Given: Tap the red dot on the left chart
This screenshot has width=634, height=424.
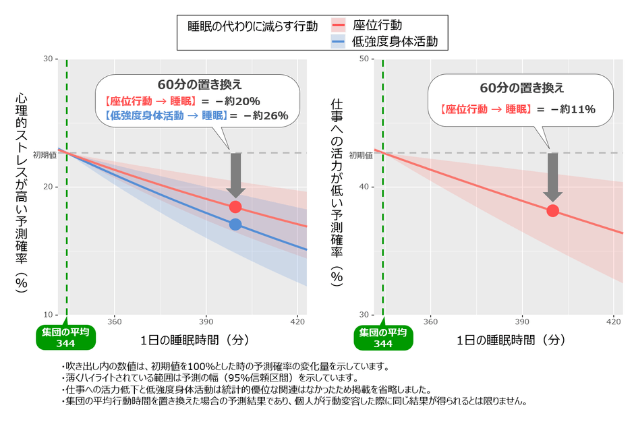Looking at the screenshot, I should tap(235, 207).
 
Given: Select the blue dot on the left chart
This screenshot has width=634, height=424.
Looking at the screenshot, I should tap(235, 224).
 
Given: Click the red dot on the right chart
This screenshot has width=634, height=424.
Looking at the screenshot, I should tap(552, 210).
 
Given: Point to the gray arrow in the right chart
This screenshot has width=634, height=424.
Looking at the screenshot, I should tap(552, 177).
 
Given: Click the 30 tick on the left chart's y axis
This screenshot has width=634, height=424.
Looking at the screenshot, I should tap(48, 59).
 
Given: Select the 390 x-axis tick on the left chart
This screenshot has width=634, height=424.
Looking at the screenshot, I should tap(206, 322).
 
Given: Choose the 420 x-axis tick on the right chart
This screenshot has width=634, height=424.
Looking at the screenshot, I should tap(614, 322).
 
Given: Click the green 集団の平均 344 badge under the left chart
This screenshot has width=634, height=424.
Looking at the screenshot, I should tap(66, 338).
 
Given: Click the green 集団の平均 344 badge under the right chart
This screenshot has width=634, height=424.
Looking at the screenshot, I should tap(383, 338).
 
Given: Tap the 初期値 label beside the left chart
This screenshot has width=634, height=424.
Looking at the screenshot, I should tap(43, 153).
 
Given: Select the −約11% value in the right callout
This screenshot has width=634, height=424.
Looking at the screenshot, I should tap(573, 109).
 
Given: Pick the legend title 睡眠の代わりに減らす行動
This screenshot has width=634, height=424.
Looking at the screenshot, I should tap(252, 26).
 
